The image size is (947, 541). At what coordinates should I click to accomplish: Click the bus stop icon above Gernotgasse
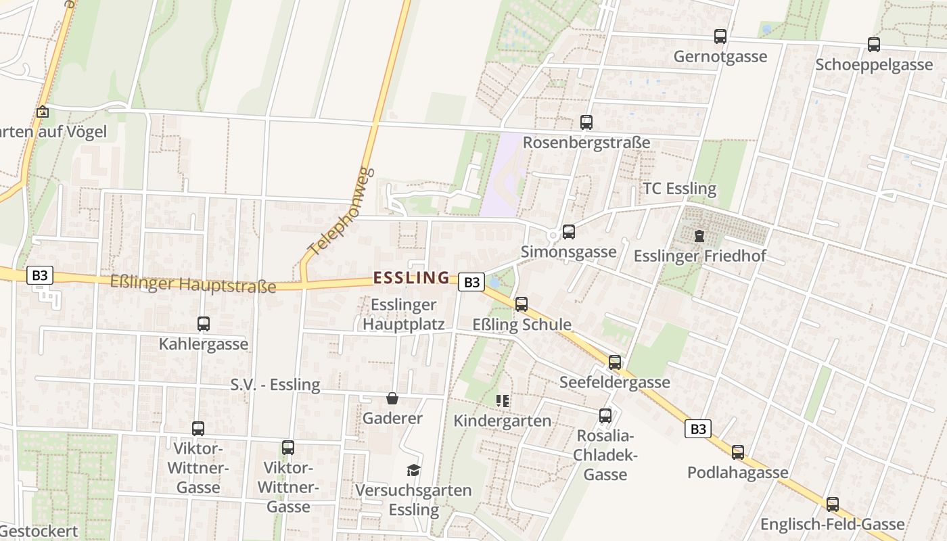pyautogui.click(x=720, y=37)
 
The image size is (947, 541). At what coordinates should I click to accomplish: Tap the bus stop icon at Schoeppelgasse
pyautogui.click(x=874, y=45)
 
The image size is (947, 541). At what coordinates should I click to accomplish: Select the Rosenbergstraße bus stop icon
pyautogui.click(x=586, y=122)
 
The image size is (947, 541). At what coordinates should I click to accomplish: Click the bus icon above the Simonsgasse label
pyautogui.click(x=569, y=232)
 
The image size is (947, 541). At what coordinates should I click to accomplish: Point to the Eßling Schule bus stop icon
pyautogui.click(x=522, y=304)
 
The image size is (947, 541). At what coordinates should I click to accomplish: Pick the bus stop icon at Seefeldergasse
pyautogui.click(x=615, y=362)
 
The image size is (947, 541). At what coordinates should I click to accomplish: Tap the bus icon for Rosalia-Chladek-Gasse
pyautogui.click(x=605, y=416)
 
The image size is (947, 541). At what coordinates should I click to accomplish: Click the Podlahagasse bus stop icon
pyautogui.click(x=738, y=452)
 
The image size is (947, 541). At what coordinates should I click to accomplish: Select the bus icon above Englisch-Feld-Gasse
pyautogui.click(x=833, y=504)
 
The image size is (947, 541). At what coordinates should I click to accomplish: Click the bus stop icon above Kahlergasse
pyautogui.click(x=204, y=324)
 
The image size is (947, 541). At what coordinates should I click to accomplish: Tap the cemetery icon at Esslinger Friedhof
pyautogui.click(x=699, y=236)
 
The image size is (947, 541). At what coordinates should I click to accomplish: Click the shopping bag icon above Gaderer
pyautogui.click(x=392, y=398)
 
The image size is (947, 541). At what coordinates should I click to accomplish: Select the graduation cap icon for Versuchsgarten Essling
pyautogui.click(x=413, y=470)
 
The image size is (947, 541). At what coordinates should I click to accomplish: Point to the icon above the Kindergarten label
pyautogui.click(x=503, y=401)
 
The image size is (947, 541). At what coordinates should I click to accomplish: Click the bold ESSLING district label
pyautogui.click(x=411, y=277)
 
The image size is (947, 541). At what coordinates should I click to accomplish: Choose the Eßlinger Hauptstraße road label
pyautogui.click(x=193, y=284)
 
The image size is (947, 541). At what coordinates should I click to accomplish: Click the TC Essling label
pyautogui.click(x=679, y=189)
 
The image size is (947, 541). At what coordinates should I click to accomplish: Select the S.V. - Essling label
pyautogui.click(x=275, y=385)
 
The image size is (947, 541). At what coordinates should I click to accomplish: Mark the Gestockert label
pyautogui.click(x=39, y=531)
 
